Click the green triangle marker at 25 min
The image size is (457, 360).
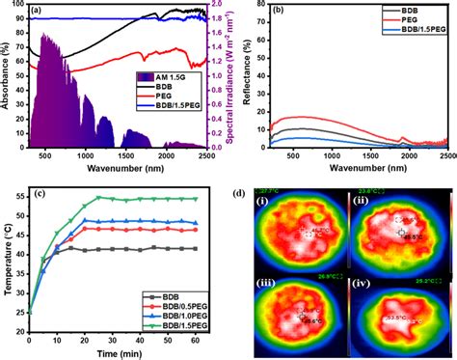[x=98, y=198]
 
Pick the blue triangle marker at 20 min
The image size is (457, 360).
[x=85, y=220]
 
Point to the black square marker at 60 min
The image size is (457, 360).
[x=198, y=249]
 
